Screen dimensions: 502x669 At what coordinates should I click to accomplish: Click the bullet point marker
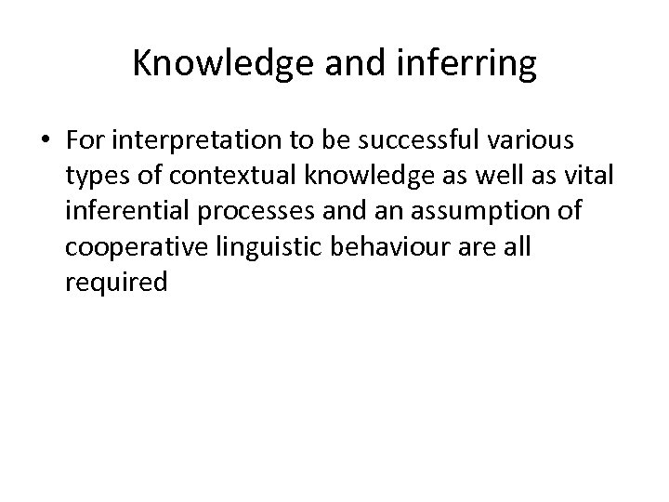pos(46,142)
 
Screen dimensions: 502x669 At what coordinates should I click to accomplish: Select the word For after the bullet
pos(89,142)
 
